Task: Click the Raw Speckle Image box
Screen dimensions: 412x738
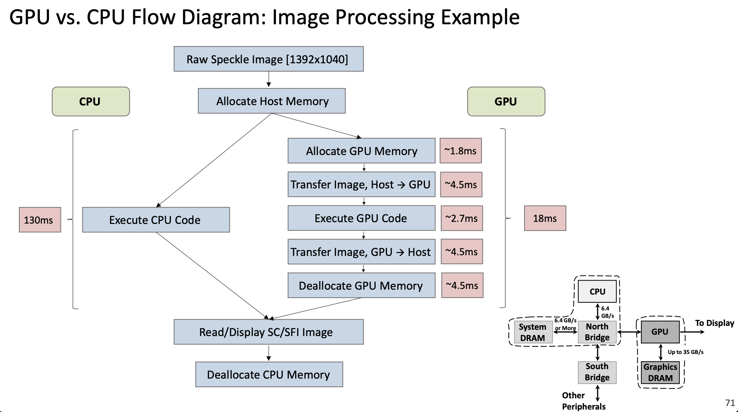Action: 268,59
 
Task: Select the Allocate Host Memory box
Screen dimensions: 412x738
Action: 272,101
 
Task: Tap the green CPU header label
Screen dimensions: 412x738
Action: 91,102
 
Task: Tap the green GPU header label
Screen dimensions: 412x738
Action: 506,102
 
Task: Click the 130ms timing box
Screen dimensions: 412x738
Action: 40,220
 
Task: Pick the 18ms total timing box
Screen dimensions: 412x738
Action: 545,218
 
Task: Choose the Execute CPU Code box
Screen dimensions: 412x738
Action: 156,220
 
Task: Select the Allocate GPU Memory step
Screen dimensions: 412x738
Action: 361,151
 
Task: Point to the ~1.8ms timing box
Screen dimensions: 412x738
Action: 460,151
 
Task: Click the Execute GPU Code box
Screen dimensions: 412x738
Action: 361,218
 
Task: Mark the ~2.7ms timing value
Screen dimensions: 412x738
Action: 462,218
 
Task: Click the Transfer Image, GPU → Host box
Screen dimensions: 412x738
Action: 361,252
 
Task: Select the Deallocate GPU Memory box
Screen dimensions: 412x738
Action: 361,285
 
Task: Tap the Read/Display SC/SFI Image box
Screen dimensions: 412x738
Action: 268,332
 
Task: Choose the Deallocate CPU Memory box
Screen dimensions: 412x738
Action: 269,374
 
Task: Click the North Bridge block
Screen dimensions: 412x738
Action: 597,332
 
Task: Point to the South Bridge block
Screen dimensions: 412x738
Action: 597,372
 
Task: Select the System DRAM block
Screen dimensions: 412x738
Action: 533,332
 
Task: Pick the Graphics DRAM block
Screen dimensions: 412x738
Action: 660,372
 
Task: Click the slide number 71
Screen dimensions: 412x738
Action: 730,403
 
